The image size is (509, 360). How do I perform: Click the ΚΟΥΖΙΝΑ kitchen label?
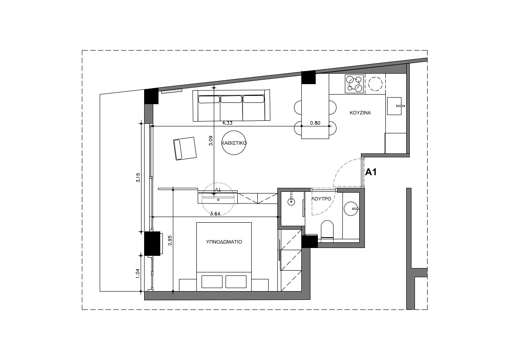pyautogui.click(x=360, y=113)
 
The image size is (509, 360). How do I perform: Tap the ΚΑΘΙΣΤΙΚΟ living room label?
pyautogui.click(x=234, y=143)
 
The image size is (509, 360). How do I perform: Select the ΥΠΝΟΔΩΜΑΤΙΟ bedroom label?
pyautogui.click(x=224, y=242)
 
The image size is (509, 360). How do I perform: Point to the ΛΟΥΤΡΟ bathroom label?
pyautogui.click(x=321, y=199)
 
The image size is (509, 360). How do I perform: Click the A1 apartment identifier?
pyautogui.click(x=371, y=172)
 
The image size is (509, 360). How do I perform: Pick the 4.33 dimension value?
pyautogui.click(x=227, y=123)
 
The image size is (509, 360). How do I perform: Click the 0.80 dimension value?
pyautogui.click(x=315, y=123)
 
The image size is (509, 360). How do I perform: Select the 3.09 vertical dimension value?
pyautogui.click(x=211, y=140)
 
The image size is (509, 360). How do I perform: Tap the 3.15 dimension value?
pyautogui.click(x=138, y=178)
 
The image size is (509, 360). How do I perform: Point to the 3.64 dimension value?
pyautogui.click(x=216, y=214)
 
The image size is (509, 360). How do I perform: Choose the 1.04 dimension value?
pyautogui.click(x=138, y=273)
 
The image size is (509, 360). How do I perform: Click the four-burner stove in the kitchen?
pyautogui.click(x=354, y=84)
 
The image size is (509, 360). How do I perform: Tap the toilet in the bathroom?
pyautogui.click(x=327, y=231)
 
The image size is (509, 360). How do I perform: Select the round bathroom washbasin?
pyautogui.click(x=351, y=209)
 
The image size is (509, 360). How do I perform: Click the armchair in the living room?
pyautogui.click(x=185, y=149)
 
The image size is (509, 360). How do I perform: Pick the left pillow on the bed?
pyautogui.click(x=212, y=282)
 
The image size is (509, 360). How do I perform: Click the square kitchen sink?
pyautogui.click(x=394, y=106)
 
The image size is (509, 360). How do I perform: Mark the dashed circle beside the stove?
pyautogui.click(x=376, y=84)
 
